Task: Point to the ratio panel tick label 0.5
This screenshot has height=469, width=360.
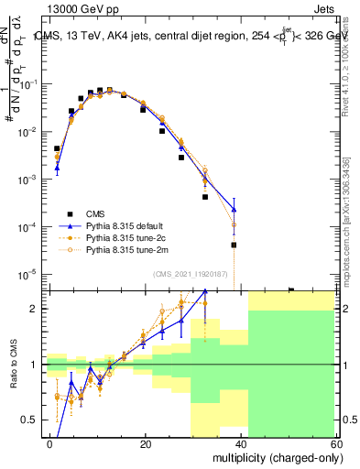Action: [x=30, y=420]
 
